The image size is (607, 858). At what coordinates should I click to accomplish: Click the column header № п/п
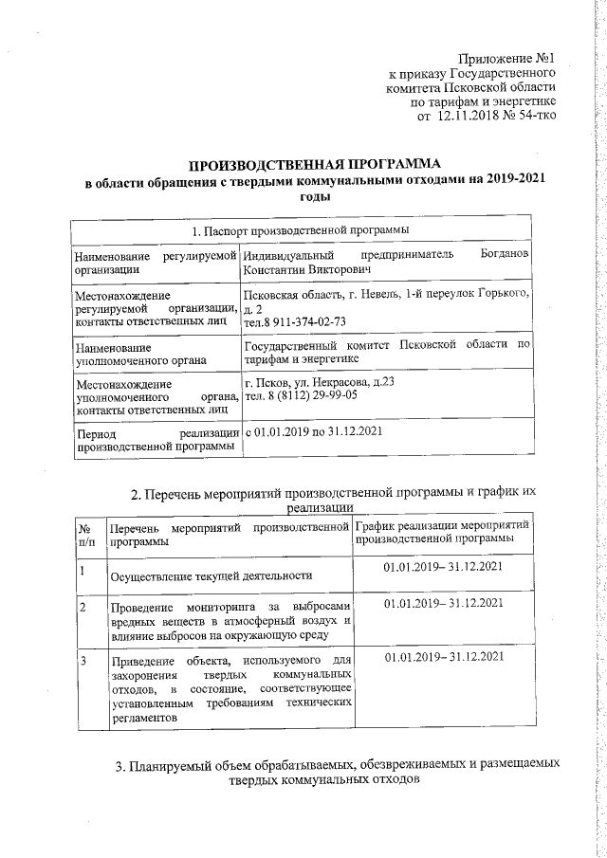(85, 533)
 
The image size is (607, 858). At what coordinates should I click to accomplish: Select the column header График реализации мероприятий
(441, 525)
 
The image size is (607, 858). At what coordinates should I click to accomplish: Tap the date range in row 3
(443, 656)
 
